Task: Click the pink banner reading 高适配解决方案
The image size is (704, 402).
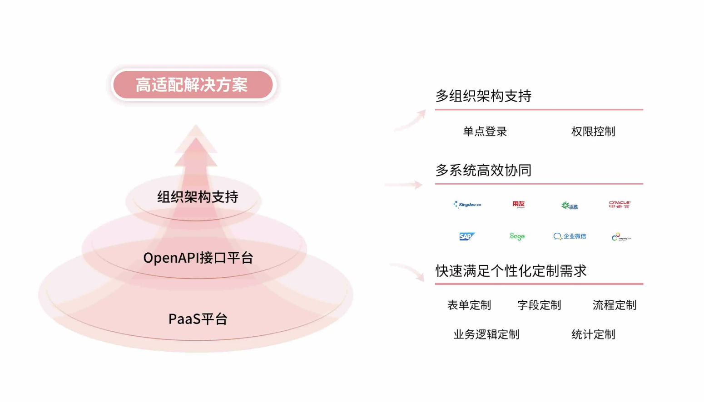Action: (x=192, y=85)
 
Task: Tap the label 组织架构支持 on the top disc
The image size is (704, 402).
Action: (x=198, y=197)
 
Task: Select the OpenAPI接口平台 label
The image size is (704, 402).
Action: (x=198, y=258)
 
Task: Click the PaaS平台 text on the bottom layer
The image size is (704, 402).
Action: (x=198, y=319)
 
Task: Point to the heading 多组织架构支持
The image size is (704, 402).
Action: (x=483, y=96)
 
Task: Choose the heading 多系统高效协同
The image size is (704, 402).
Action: (x=483, y=170)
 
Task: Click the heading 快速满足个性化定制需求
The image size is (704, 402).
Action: (x=511, y=271)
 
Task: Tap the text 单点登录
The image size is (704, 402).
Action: (x=485, y=132)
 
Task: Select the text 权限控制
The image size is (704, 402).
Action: (x=593, y=132)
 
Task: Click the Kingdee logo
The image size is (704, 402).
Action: (x=467, y=205)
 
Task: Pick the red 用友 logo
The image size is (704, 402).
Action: (x=518, y=204)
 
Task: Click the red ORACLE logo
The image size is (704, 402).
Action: (x=620, y=205)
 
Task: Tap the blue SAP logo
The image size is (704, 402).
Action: (x=466, y=236)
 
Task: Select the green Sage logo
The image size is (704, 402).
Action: (x=517, y=236)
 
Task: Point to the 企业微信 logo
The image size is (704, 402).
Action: (x=570, y=236)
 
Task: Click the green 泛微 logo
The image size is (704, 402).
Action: (x=569, y=206)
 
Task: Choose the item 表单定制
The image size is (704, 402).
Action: (x=469, y=305)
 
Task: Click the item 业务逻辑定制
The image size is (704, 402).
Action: (x=486, y=335)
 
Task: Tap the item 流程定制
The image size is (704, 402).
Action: (x=614, y=305)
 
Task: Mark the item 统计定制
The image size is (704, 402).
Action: (x=593, y=335)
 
